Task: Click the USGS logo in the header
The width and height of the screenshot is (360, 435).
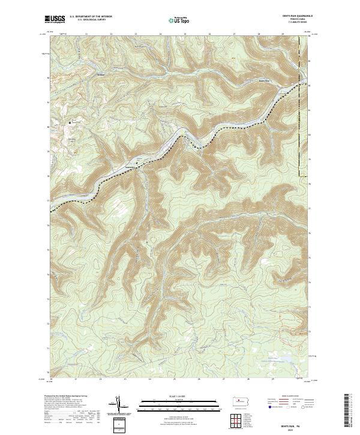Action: (55, 20)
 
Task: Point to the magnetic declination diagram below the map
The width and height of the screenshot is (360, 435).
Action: (118, 405)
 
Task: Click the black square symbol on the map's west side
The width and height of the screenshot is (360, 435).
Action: (70, 122)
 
